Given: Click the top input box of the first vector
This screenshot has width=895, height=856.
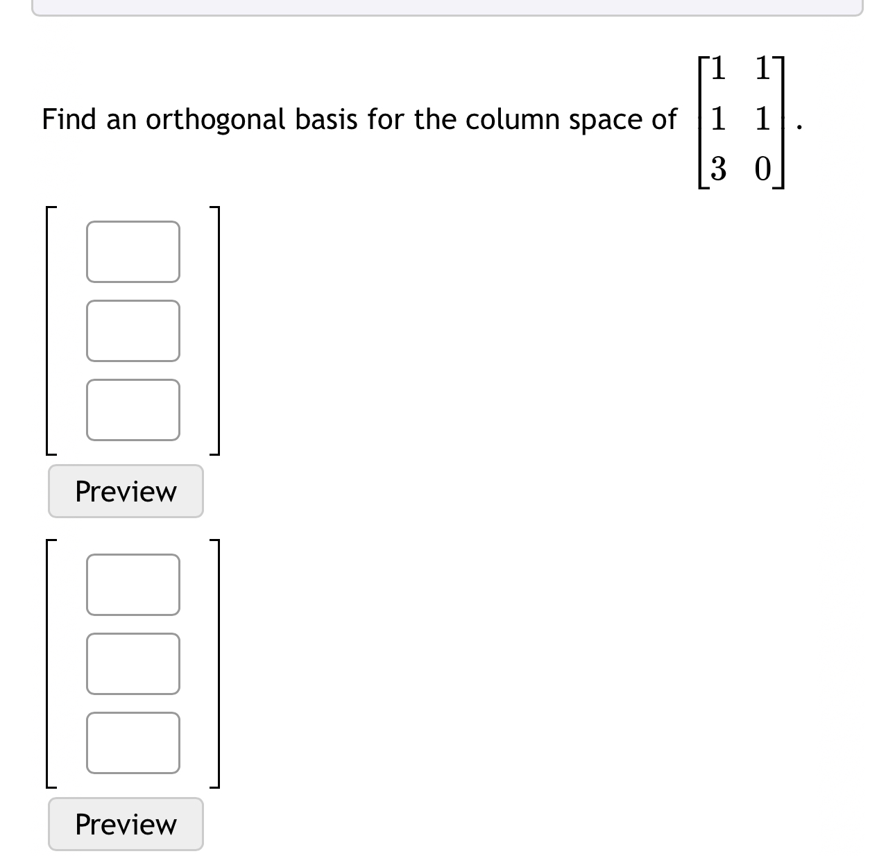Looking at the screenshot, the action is point(133,252).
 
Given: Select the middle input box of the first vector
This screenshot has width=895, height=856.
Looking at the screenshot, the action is point(133,331).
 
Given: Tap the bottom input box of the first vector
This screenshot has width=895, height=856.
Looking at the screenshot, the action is point(133,409).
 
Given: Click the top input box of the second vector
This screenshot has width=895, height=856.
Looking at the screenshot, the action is point(133,584).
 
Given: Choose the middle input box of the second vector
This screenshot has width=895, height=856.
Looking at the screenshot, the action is point(133,663).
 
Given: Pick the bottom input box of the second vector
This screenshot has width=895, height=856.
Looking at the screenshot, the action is point(133,742).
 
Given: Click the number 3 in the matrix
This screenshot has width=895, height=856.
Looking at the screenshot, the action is point(718,169).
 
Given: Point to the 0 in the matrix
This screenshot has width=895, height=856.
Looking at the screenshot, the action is point(762,169).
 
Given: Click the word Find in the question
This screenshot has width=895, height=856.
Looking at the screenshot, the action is point(69,119).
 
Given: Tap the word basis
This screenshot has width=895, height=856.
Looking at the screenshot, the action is point(326,119).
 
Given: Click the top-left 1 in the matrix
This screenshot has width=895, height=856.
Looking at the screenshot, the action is point(718,68).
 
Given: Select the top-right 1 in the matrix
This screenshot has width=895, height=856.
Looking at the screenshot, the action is point(762,68).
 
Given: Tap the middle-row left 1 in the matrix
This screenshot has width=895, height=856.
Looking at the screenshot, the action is point(718,118).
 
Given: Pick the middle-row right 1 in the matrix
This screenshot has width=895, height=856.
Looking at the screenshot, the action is point(762,118).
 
